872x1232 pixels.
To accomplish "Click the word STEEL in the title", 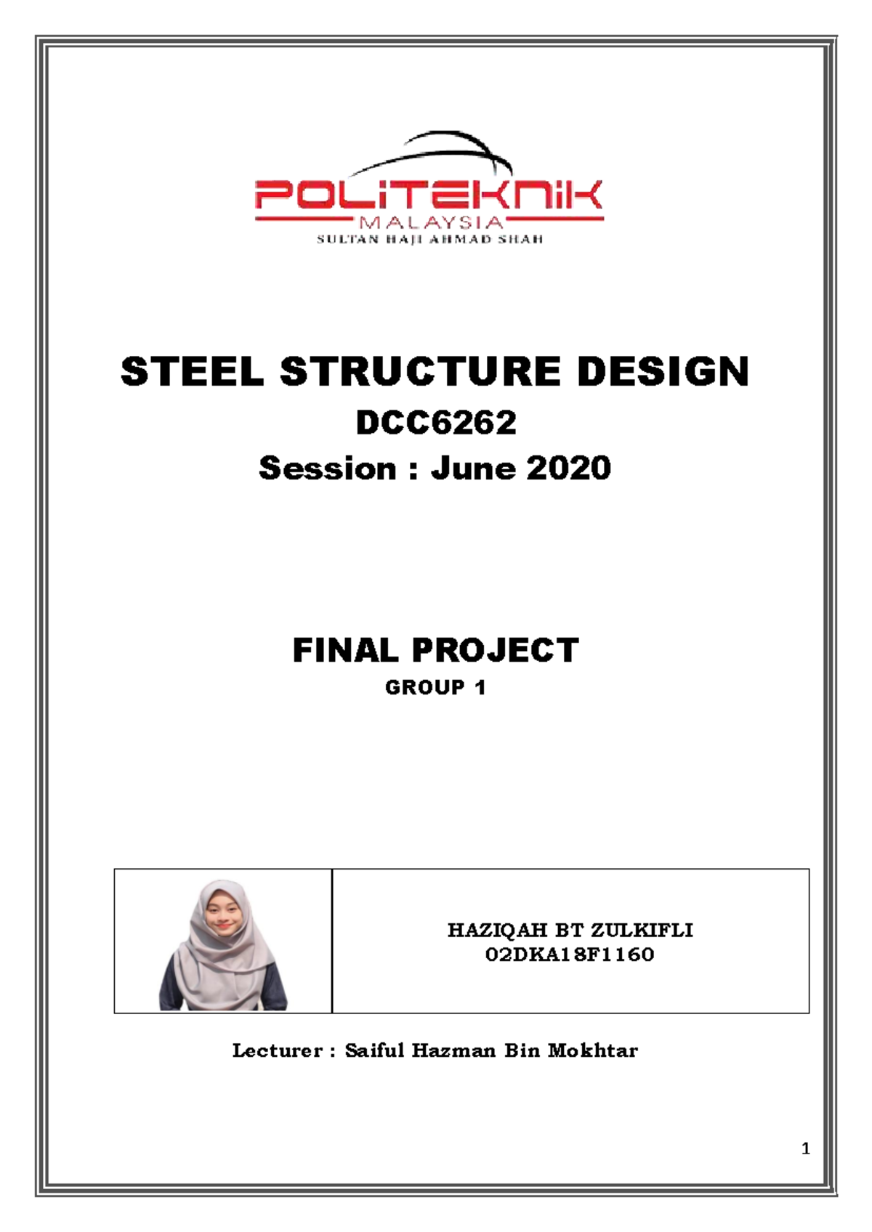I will pos(193,372).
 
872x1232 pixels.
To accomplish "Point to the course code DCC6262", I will pos(436,422).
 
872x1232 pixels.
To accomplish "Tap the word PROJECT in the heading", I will pos(496,650).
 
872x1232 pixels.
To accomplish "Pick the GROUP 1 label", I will pos(435,687).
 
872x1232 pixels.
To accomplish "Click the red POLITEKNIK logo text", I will pos(429,196).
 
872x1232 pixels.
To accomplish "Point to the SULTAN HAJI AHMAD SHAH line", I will pos(429,239).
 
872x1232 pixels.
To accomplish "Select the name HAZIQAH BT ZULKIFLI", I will pos(570,931).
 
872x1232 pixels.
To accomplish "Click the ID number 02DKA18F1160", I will pos(570,955).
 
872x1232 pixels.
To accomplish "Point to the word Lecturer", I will pos(277,1050).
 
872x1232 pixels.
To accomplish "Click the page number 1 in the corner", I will pos(805,1148).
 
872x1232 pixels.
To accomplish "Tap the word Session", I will pos(327,469).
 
